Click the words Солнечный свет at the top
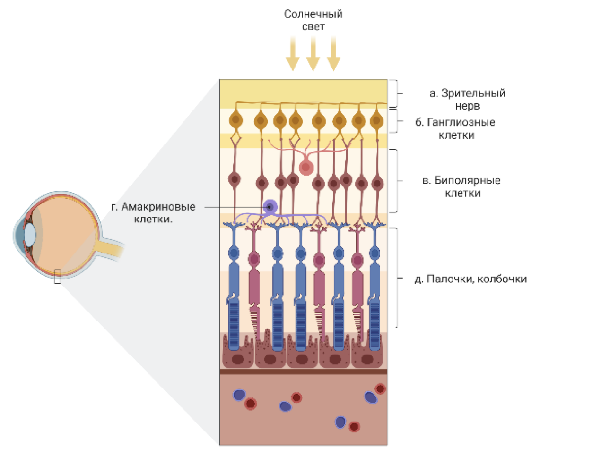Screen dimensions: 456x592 [313, 20]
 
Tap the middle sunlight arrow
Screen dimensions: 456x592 [313, 53]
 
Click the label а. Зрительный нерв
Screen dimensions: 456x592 [467, 99]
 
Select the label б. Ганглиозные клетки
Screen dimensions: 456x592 [455, 128]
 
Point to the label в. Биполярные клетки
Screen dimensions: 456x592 [461, 186]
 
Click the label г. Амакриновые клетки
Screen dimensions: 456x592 [153, 212]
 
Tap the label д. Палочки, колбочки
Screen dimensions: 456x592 [470, 279]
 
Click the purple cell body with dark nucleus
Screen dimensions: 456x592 [270, 207]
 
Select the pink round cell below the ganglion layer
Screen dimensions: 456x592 [306, 167]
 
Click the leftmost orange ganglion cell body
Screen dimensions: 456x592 [236, 120]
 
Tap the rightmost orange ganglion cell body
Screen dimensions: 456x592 [376, 121]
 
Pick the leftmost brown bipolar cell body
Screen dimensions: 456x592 [235, 180]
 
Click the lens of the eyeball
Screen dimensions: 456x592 [30, 235]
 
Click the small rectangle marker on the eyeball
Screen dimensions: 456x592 [57, 276]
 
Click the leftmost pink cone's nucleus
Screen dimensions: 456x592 [254, 259]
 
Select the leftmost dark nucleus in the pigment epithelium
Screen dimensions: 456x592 [237, 360]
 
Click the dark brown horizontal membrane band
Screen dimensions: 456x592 [303, 372]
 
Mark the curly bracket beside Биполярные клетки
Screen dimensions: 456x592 [396, 181]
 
